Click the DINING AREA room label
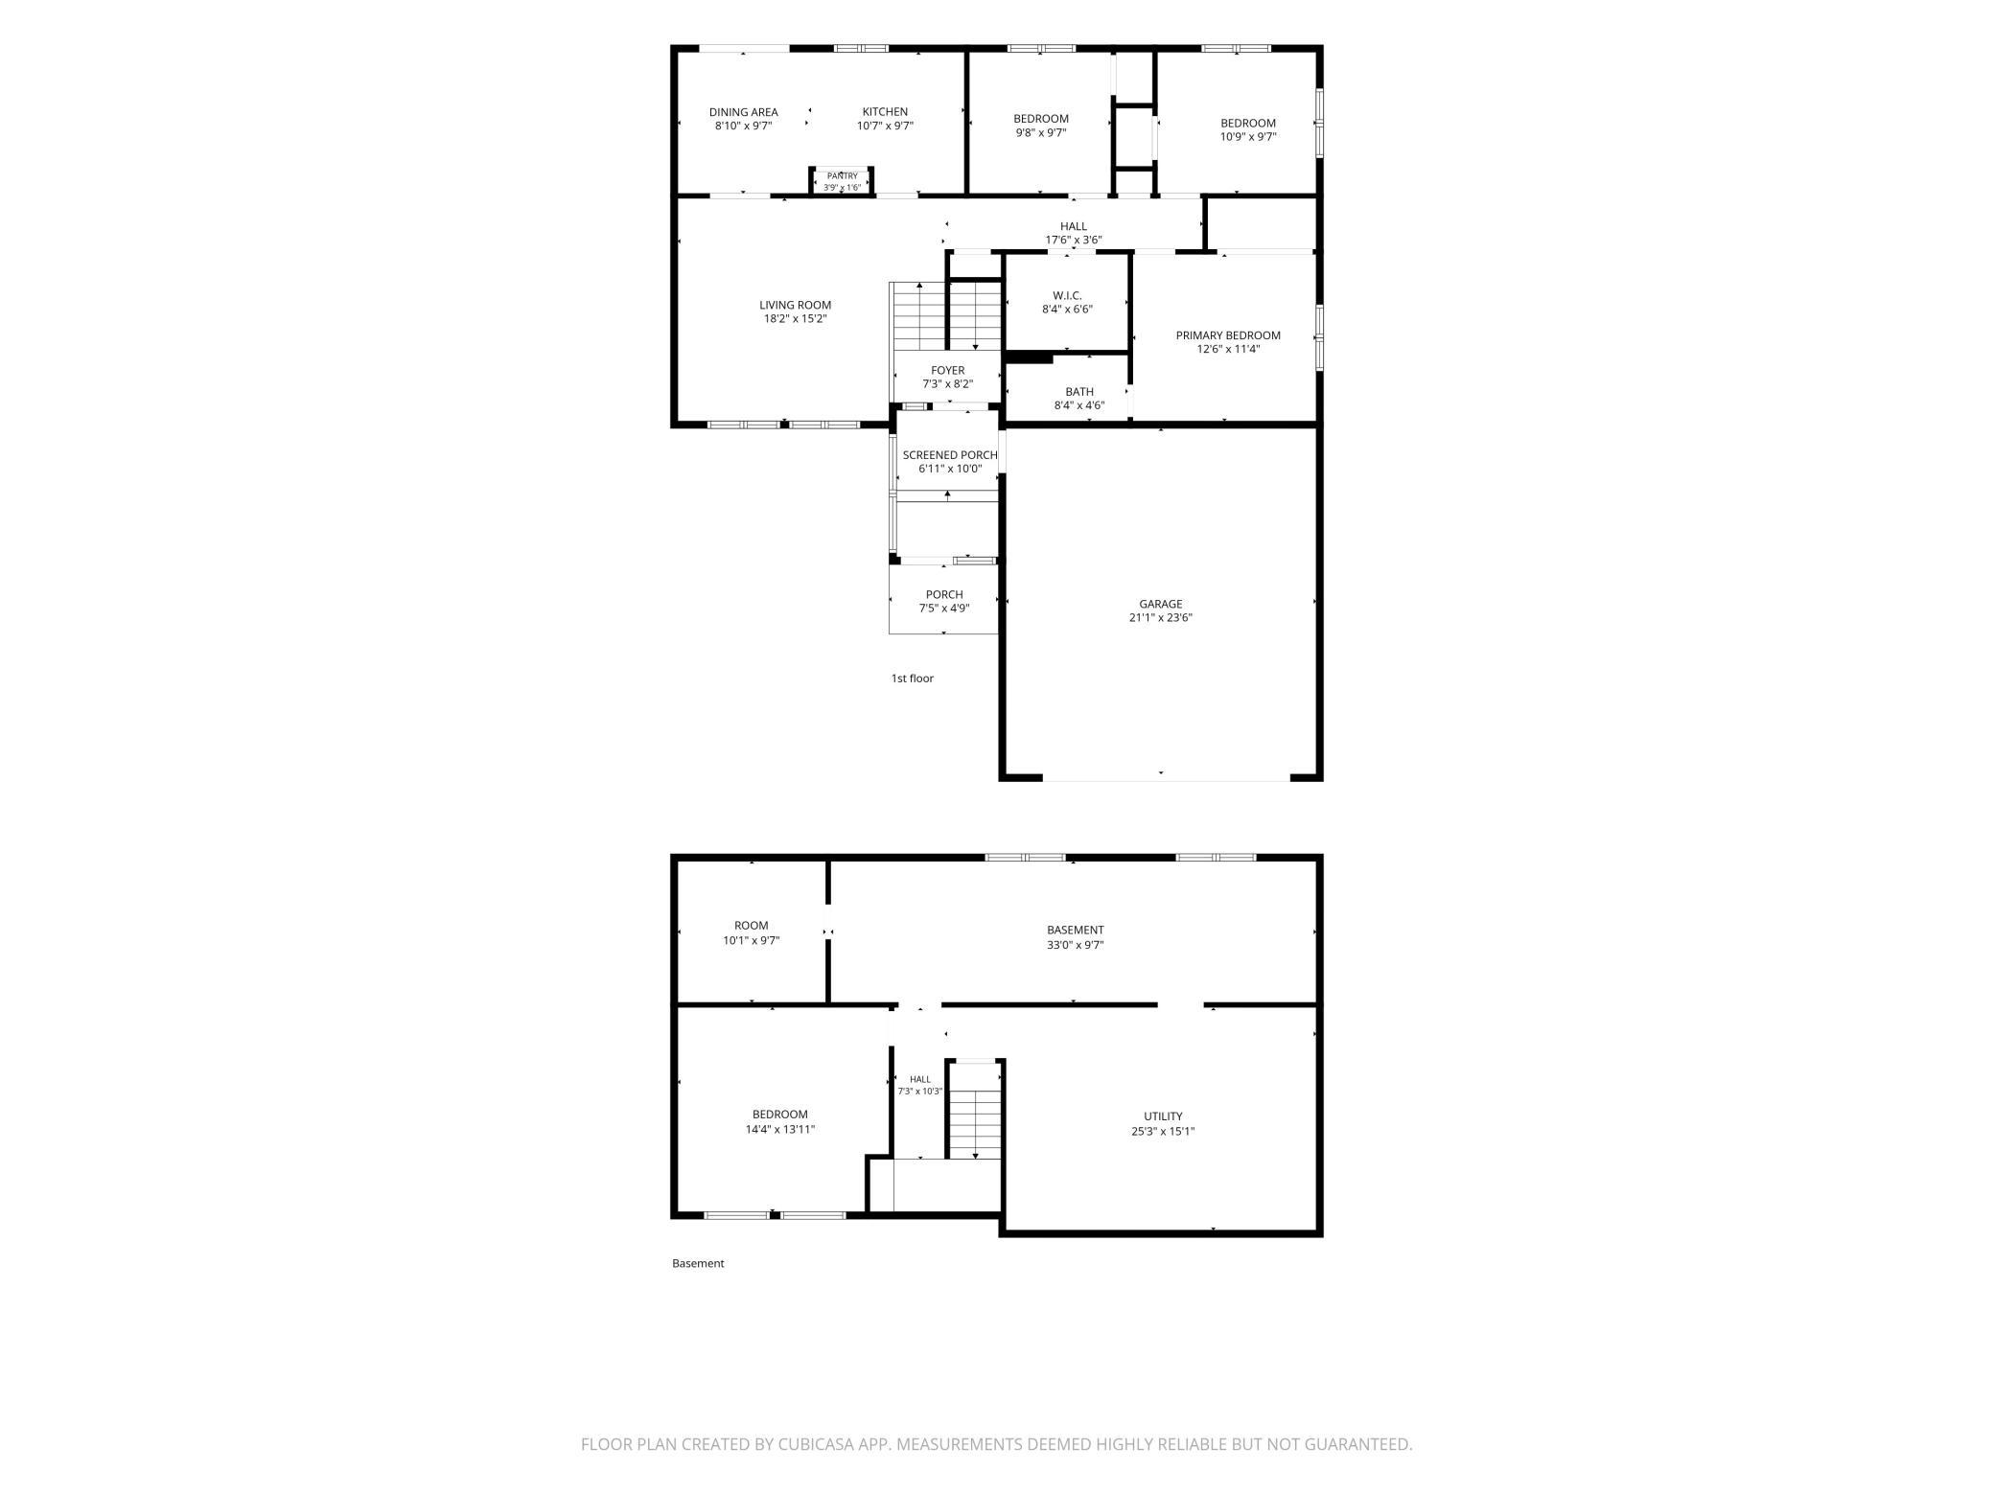[743, 112]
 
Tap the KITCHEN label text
[885, 112]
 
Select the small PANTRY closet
[843, 180]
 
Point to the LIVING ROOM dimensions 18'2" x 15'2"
[796, 319]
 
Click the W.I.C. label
[1067, 296]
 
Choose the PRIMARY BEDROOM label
[1228, 335]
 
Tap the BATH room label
[1079, 392]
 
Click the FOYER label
[948, 371]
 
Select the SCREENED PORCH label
[950, 455]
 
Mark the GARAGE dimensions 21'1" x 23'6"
[1161, 618]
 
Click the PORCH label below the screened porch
[944, 595]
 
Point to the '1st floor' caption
[913, 678]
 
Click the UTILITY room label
[1163, 1116]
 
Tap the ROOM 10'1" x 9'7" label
[752, 933]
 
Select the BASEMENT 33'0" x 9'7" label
[1076, 937]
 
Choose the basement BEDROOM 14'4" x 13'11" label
[780, 1122]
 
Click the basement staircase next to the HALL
[975, 1123]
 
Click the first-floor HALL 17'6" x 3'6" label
[1074, 234]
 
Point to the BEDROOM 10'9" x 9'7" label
[1248, 129]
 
